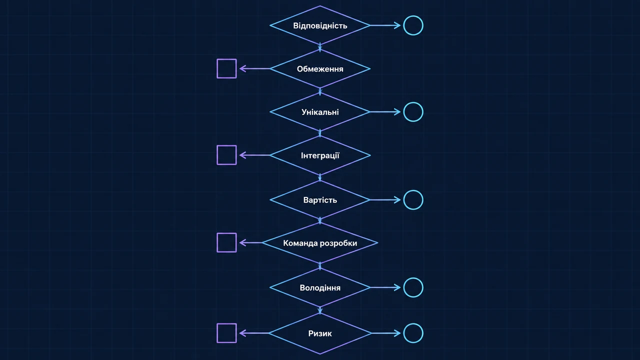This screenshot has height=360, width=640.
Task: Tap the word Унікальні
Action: coord(320,112)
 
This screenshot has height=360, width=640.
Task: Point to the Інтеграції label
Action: coord(320,155)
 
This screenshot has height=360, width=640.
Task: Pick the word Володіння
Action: coord(320,287)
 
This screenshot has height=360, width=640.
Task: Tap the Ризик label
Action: coord(320,333)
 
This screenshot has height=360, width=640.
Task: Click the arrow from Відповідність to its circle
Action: coord(385,25)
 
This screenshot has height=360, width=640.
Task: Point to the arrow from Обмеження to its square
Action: coord(254,68)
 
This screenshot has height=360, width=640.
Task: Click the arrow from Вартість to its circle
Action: coord(385,199)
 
